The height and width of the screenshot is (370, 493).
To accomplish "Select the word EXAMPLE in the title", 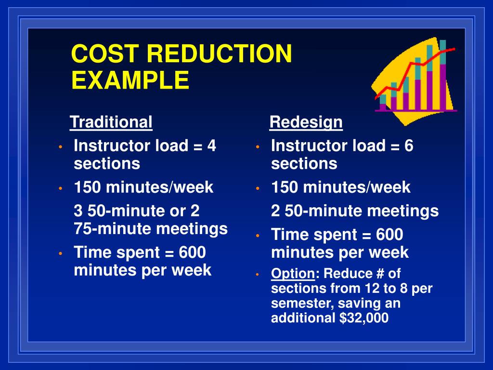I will pyautogui.click(x=130, y=80).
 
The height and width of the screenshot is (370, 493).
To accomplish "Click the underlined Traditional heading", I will pyautogui.click(x=111, y=122).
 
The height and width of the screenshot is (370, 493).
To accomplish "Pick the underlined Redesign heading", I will pyautogui.click(x=306, y=122).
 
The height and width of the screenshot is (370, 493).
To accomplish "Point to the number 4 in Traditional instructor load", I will pyautogui.click(x=211, y=145).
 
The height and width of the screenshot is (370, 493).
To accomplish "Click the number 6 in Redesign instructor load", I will pyautogui.click(x=409, y=145).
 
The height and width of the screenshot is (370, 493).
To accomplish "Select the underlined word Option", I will pyautogui.click(x=293, y=274).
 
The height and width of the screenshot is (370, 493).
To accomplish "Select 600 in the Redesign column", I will pyautogui.click(x=389, y=235).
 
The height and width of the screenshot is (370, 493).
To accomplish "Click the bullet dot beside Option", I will pyautogui.click(x=258, y=275).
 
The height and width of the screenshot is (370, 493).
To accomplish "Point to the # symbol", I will pyautogui.click(x=379, y=274).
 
